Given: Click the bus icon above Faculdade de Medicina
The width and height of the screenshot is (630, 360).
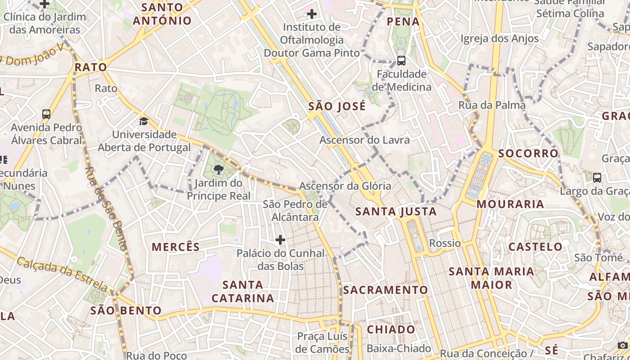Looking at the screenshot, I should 401,61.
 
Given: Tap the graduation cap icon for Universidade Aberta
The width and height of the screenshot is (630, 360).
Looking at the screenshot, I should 144,121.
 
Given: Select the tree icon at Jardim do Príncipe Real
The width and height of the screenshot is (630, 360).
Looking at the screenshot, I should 219,170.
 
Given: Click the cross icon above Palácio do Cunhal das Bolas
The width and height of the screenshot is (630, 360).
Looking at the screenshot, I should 280,240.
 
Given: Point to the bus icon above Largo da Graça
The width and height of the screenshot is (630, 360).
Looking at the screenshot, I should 597,178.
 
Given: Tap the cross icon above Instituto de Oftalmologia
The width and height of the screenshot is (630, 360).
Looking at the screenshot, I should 311,14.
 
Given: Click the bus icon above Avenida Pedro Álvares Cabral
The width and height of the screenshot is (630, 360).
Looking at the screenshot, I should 46,114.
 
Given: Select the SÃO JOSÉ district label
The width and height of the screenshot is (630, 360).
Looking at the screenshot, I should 337,107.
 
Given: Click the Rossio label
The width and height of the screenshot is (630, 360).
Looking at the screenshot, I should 445,243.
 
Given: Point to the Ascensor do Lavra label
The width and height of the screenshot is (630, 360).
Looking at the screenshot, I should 364,140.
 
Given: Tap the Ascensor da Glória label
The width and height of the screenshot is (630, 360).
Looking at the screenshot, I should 345,186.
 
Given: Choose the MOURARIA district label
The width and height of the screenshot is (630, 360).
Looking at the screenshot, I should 510,204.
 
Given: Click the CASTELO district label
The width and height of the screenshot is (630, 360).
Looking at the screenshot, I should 535,247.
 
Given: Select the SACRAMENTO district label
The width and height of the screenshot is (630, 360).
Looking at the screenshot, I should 385,290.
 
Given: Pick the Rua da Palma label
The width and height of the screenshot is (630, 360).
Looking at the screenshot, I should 492,105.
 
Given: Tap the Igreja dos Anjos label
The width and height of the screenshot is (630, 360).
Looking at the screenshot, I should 499,39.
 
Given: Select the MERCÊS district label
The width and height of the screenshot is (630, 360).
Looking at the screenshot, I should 175,247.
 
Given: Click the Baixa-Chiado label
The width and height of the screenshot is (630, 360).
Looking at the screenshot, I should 399,349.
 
